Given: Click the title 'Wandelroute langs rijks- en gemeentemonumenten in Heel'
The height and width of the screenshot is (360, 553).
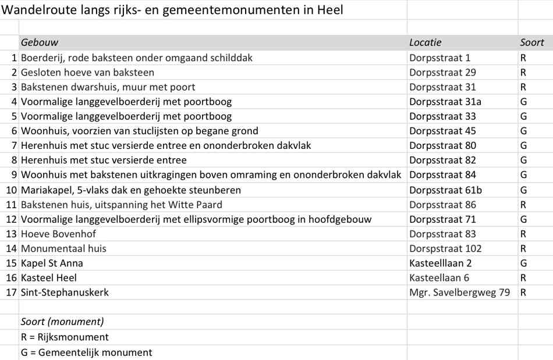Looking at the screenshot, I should click(172, 10).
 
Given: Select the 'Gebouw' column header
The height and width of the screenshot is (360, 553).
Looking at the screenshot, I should click(40, 42).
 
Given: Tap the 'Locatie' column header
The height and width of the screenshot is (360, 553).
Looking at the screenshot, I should click(426, 42).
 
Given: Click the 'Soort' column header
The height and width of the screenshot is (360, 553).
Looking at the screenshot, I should click(532, 42).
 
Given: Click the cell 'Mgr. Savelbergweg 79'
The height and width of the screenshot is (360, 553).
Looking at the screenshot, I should click(459, 293).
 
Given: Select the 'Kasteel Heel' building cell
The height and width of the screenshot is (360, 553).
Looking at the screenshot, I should click(49, 278).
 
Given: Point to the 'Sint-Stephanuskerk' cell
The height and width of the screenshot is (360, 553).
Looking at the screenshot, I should click(65, 293).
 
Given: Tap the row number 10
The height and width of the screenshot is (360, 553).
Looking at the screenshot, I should click(11, 190).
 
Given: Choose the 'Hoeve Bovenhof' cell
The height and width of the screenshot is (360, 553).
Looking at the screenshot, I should click(58, 234).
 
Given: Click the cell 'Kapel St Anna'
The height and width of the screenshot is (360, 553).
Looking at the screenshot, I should click(52, 263).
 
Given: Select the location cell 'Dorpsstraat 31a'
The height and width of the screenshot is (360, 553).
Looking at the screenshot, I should click(445, 102).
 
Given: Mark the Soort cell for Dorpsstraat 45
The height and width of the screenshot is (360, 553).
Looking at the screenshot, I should click(523, 131).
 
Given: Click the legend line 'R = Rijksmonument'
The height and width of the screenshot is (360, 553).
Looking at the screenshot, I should click(65, 337).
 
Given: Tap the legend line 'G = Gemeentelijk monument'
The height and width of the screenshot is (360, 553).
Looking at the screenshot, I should click(86, 352).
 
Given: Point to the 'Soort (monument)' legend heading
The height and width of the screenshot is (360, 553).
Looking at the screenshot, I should click(62, 322).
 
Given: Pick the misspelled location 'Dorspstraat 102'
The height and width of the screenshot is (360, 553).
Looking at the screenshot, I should click(445, 249).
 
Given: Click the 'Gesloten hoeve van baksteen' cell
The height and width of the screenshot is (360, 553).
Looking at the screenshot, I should click(87, 73).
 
